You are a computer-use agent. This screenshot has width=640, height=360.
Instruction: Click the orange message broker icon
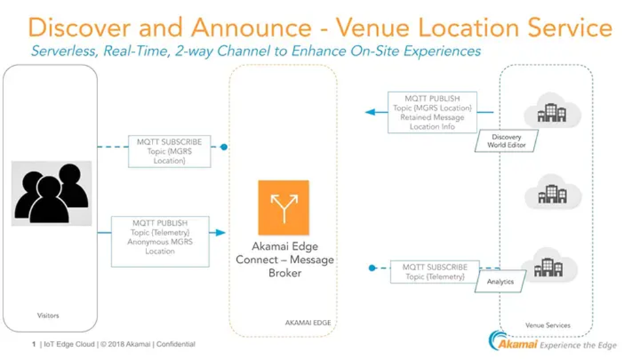[x=283, y=208]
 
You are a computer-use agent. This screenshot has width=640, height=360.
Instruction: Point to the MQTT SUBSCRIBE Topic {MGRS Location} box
[x=170, y=151]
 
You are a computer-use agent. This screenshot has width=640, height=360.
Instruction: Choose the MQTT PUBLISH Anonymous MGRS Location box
[x=160, y=237]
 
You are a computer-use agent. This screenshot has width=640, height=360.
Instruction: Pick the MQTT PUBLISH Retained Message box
[x=432, y=113]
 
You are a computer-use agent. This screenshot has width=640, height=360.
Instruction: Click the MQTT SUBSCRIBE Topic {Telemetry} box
[x=435, y=271]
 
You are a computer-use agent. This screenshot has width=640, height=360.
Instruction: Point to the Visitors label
[x=48, y=315]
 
